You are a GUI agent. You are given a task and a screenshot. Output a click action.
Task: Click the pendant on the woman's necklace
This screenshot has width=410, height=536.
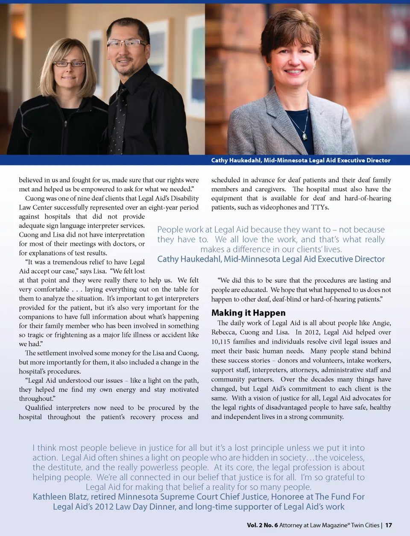305,136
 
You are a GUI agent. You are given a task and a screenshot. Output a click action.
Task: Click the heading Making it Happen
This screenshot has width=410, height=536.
248,313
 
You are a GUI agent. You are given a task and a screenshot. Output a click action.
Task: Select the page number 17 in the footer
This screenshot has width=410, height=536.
388,525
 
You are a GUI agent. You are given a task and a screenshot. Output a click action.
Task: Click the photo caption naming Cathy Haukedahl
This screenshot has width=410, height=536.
301,160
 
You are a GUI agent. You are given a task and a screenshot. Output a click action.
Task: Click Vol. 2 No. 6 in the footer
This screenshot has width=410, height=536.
262,525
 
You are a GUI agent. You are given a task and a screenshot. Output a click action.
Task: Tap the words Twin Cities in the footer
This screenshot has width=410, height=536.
365,525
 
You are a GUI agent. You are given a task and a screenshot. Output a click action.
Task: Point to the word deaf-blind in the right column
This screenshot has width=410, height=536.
287,299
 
